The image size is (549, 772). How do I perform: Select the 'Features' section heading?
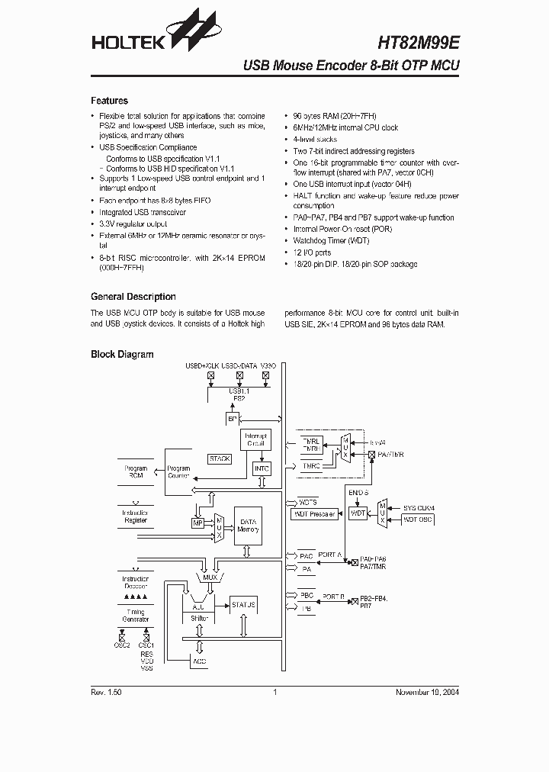click(x=109, y=101)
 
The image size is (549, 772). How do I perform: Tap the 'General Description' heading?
click(x=133, y=297)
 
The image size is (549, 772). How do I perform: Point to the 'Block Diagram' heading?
click(x=122, y=354)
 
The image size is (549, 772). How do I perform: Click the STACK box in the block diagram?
click(x=220, y=458)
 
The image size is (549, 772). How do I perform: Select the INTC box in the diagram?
click(x=262, y=468)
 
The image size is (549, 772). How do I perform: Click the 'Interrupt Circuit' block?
click(x=255, y=439)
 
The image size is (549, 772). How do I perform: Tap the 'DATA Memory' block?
click(x=248, y=526)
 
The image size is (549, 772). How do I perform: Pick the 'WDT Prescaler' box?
click(x=314, y=514)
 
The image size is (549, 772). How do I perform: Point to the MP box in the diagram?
click(x=197, y=523)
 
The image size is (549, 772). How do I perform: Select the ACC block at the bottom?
click(x=199, y=661)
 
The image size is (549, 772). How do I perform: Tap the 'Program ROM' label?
click(x=136, y=471)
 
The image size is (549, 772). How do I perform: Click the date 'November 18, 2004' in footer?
click(x=427, y=692)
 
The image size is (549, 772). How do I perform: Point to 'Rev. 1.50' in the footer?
click(x=106, y=692)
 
